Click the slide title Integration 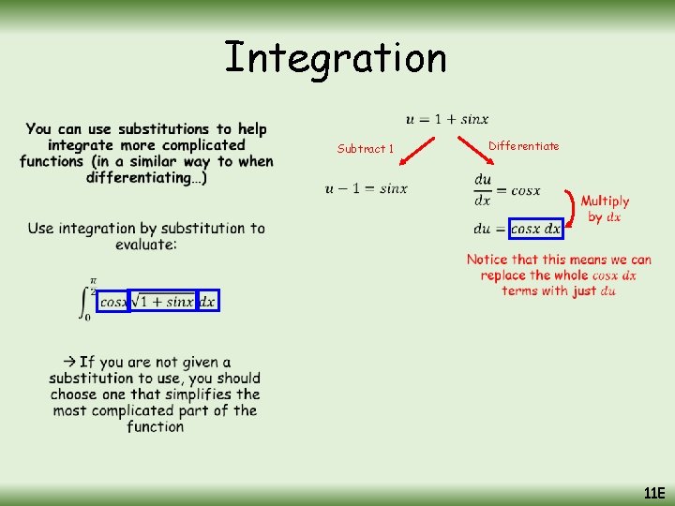[x=336, y=58]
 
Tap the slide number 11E [x=653, y=493]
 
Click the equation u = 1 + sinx [x=447, y=119]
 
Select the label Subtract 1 [x=366, y=148]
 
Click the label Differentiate [x=524, y=145]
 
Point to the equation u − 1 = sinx [x=367, y=188]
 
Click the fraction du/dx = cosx [x=507, y=189]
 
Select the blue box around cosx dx [x=536, y=229]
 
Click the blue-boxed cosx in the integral [x=112, y=301]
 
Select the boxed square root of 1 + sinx [x=161, y=301]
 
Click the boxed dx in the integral [x=207, y=301]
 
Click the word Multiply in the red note [x=605, y=201]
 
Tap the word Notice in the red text [x=487, y=260]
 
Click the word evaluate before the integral [x=145, y=245]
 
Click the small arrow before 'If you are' [x=70, y=362]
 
